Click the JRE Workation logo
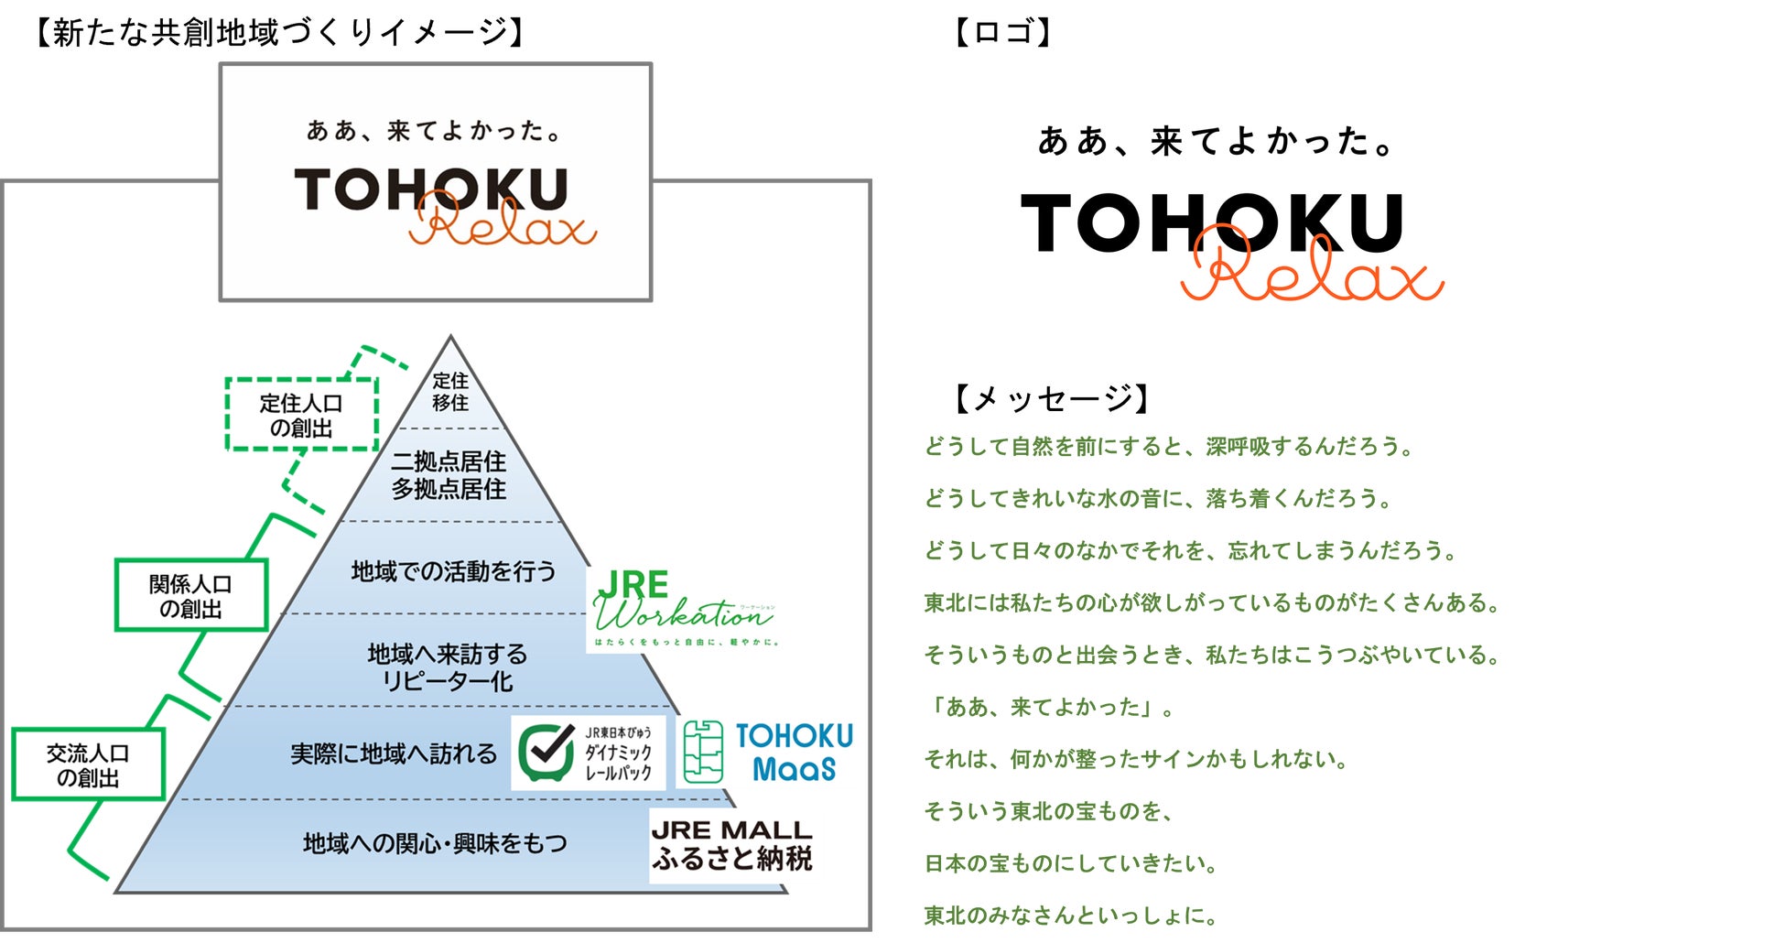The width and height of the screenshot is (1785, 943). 682,607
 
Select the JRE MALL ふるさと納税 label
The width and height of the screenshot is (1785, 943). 731,845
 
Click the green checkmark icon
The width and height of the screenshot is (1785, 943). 546,752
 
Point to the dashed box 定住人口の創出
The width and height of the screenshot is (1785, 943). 301,415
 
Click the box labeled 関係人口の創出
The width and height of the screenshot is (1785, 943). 190,596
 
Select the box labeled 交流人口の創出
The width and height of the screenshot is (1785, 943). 88,765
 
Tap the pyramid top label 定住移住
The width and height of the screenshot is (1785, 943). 450,392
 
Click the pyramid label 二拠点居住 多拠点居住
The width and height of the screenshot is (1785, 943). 449,475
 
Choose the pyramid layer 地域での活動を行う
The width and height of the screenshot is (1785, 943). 453,571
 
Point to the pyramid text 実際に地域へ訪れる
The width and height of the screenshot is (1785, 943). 394,753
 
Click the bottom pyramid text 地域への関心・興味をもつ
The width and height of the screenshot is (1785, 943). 435,843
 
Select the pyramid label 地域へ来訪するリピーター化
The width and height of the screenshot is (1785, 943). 448,667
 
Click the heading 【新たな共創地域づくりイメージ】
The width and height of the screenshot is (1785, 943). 278,33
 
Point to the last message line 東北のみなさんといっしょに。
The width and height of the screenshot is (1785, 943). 1070,916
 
